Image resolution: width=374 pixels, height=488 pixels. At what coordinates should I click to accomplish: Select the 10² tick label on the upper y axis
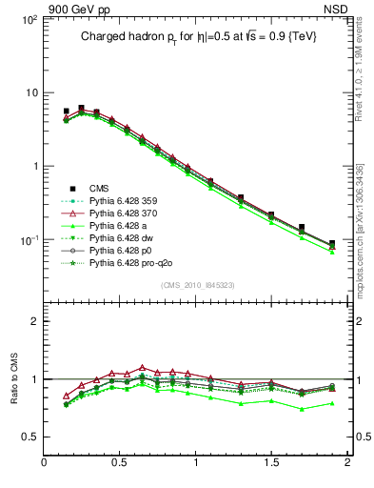click(x=29, y=19)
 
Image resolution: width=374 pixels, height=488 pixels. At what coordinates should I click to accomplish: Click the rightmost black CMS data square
click(x=332, y=244)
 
